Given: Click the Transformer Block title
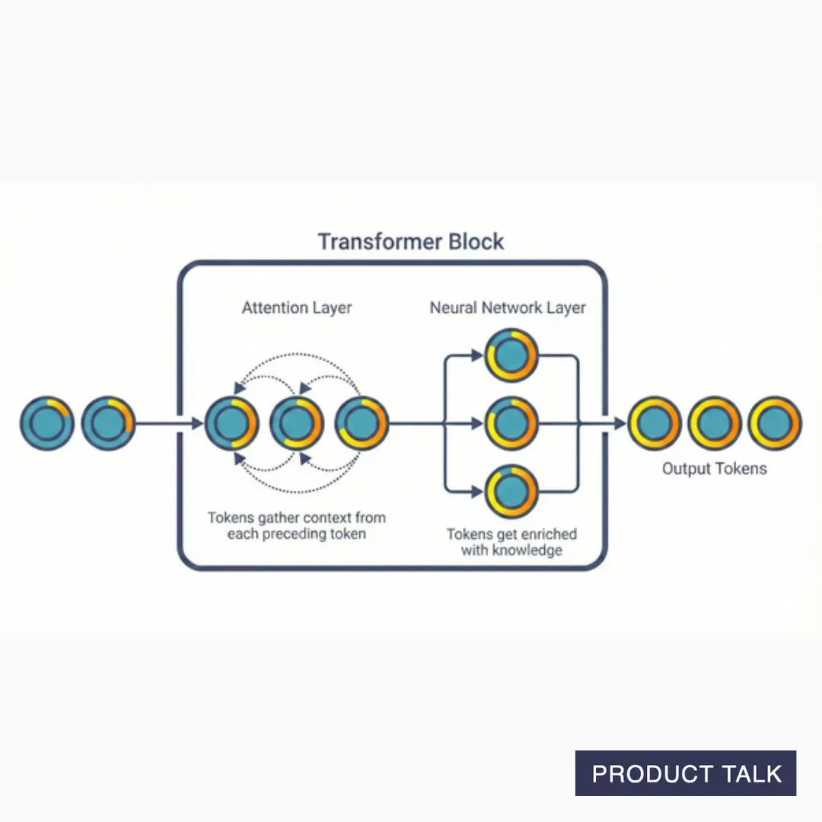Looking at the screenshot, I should (410, 242).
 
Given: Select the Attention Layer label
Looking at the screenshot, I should (297, 308).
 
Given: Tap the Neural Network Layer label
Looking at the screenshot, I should (508, 308).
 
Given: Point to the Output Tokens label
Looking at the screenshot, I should (714, 469).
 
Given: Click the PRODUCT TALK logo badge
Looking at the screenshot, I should (686, 773).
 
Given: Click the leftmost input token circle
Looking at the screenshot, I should (47, 423).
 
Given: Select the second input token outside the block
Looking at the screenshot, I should (107, 423).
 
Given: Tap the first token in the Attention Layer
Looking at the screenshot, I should (231, 423).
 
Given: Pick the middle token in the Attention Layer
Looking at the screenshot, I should (297, 423).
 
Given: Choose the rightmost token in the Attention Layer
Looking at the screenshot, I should (362, 423).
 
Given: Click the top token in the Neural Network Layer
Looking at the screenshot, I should (511, 355).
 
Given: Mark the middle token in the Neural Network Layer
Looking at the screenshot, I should (511, 423).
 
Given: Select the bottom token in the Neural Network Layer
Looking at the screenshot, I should (511, 492).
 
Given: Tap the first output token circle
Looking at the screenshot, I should (654, 423).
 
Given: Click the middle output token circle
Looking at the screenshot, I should (714, 423).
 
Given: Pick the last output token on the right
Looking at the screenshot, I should (774, 423).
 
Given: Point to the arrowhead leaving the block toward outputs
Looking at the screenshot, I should (618, 423).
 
